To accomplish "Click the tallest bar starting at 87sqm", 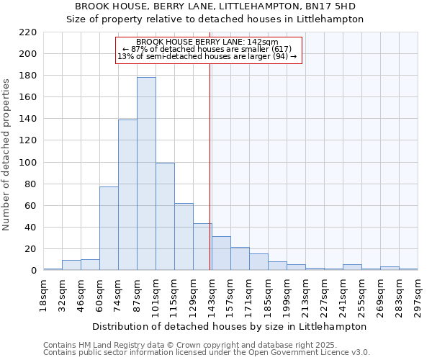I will click(x=146, y=174).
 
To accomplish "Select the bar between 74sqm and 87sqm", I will click(x=127, y=194).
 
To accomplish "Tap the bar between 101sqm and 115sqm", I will click(x=165, y=216).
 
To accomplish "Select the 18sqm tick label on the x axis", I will click(x=43, y=294).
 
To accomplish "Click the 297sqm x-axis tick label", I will click(x=418, y=294).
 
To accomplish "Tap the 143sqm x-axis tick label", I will click(x=212, y=294).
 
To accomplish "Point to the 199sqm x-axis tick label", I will click(x=287, y=294).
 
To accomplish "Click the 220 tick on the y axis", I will click(x=27, y=32).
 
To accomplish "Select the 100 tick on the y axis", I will click(x=27, y=162).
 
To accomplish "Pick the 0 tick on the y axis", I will click(x=34, y=271).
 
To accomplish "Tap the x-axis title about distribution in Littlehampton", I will click(x=230, y=326).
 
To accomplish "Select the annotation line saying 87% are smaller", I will click(x=207, y=49).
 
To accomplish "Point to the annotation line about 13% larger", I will click(x=207, y=56).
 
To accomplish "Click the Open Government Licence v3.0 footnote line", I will click(x=207, y=352).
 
